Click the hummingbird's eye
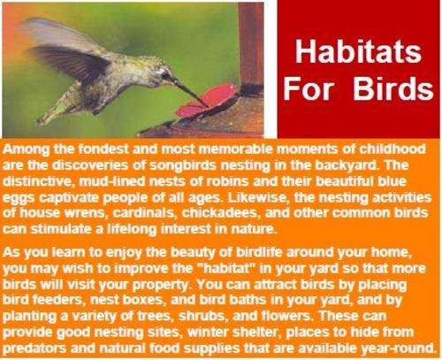click(x=165, y=76)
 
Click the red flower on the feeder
click(x=206, y=100)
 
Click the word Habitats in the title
click(x=358, y=51)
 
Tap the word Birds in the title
click(x=393, y=88)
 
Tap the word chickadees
click(x=222, y=213)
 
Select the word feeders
click(x=60, y=300)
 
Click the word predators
click(x=34, y=349)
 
